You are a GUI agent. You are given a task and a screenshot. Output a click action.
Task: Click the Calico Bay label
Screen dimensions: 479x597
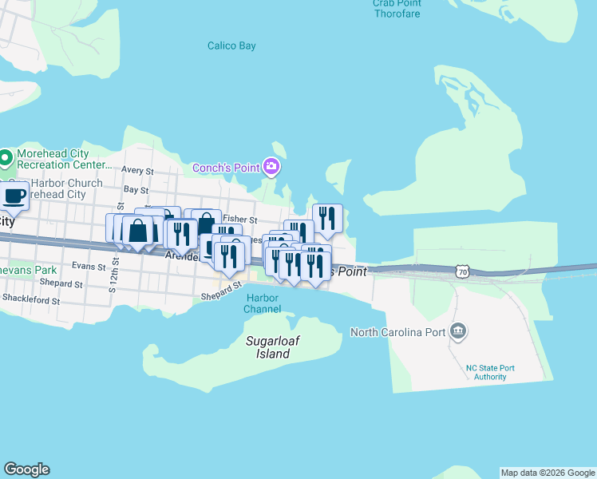[231, 46]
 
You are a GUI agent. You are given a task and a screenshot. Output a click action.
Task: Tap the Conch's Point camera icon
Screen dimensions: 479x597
[271, 167]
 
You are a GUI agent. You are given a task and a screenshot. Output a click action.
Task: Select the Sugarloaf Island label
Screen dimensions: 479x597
[273, 347]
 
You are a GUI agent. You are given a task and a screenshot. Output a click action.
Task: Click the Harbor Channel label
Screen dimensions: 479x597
[262, 303]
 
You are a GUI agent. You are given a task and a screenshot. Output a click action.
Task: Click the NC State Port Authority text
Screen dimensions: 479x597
[485, 372]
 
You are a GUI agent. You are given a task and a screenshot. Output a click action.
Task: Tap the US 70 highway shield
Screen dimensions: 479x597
[463, 271]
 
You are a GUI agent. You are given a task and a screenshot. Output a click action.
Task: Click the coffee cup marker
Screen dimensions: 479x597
[14, 195]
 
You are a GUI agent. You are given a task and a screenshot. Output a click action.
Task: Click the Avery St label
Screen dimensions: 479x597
[137, 170]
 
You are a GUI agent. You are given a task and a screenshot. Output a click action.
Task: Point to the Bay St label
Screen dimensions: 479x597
[136, 191]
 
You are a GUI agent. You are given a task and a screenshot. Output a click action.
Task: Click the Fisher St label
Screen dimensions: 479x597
[240, 219]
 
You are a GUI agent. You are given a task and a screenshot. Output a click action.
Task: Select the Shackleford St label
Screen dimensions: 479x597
[31, 299]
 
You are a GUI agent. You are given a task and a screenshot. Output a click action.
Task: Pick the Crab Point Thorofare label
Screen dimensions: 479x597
[397, 9]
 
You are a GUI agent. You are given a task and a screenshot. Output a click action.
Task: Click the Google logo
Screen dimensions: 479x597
[26, 469]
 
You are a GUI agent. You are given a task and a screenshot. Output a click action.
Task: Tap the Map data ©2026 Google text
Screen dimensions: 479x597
[548, 473]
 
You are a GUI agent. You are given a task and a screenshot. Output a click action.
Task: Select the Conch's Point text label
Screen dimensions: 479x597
[226, 168]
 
